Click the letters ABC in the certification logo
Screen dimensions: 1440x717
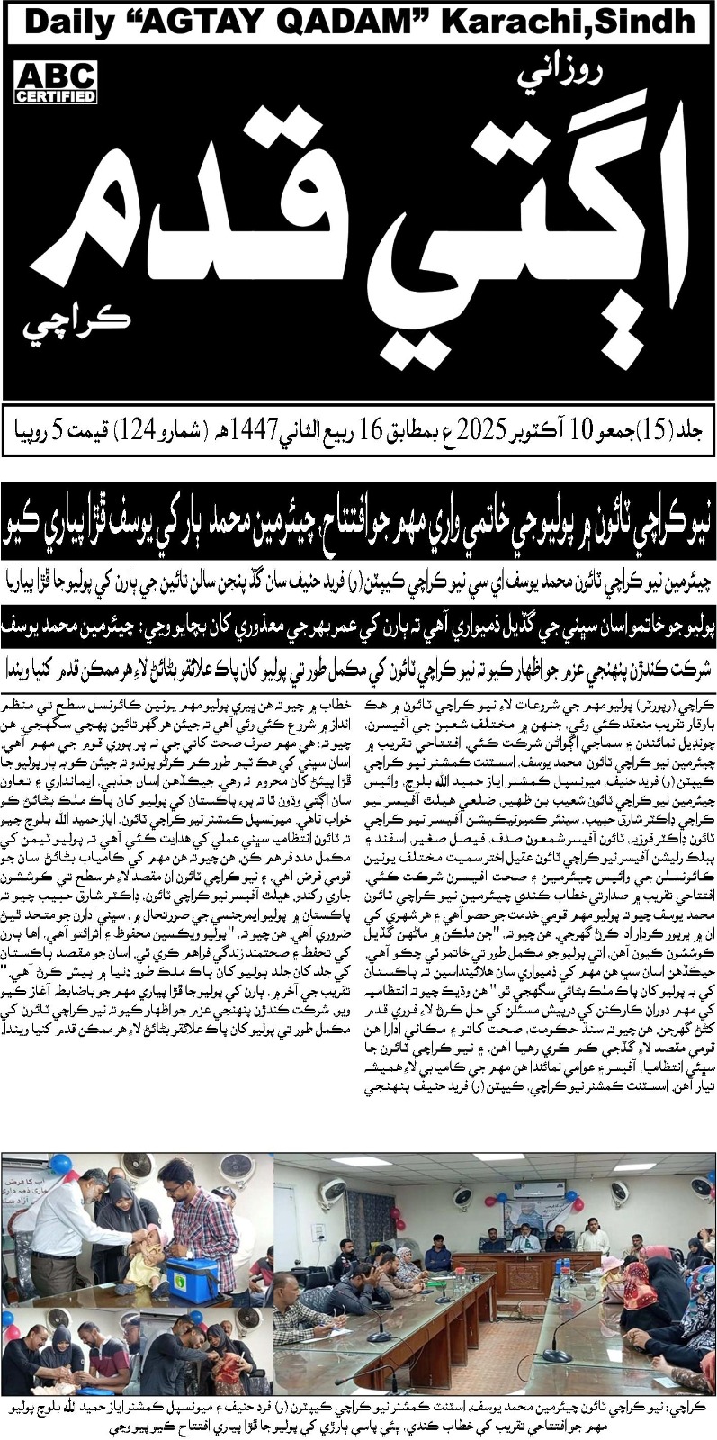coord(56,76)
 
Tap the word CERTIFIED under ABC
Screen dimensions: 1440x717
coord(56,96)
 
